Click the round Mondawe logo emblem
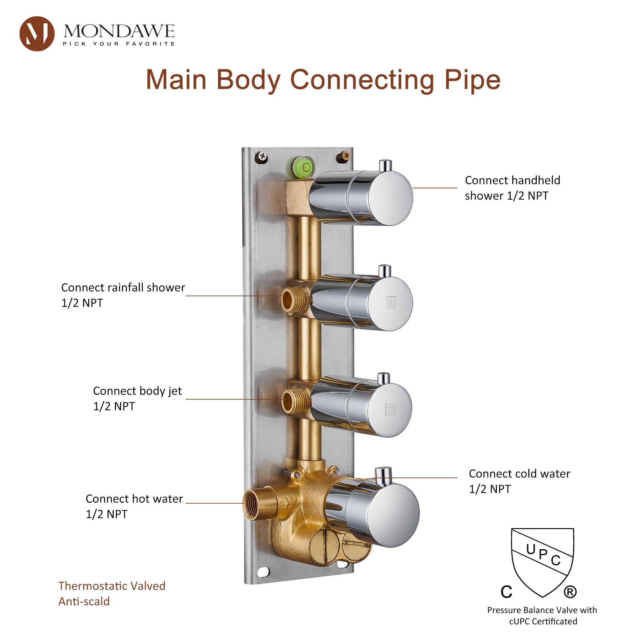point(37,34)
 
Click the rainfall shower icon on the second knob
point(391,303)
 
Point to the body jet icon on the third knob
point(391,410)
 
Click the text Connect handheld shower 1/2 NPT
point(512,188)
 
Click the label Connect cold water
point(519,474)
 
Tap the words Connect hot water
point(134,499)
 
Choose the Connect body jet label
point(137,391)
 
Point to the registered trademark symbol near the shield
point(570,592)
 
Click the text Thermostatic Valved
point(112,586)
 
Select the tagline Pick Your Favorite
point(119,44)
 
